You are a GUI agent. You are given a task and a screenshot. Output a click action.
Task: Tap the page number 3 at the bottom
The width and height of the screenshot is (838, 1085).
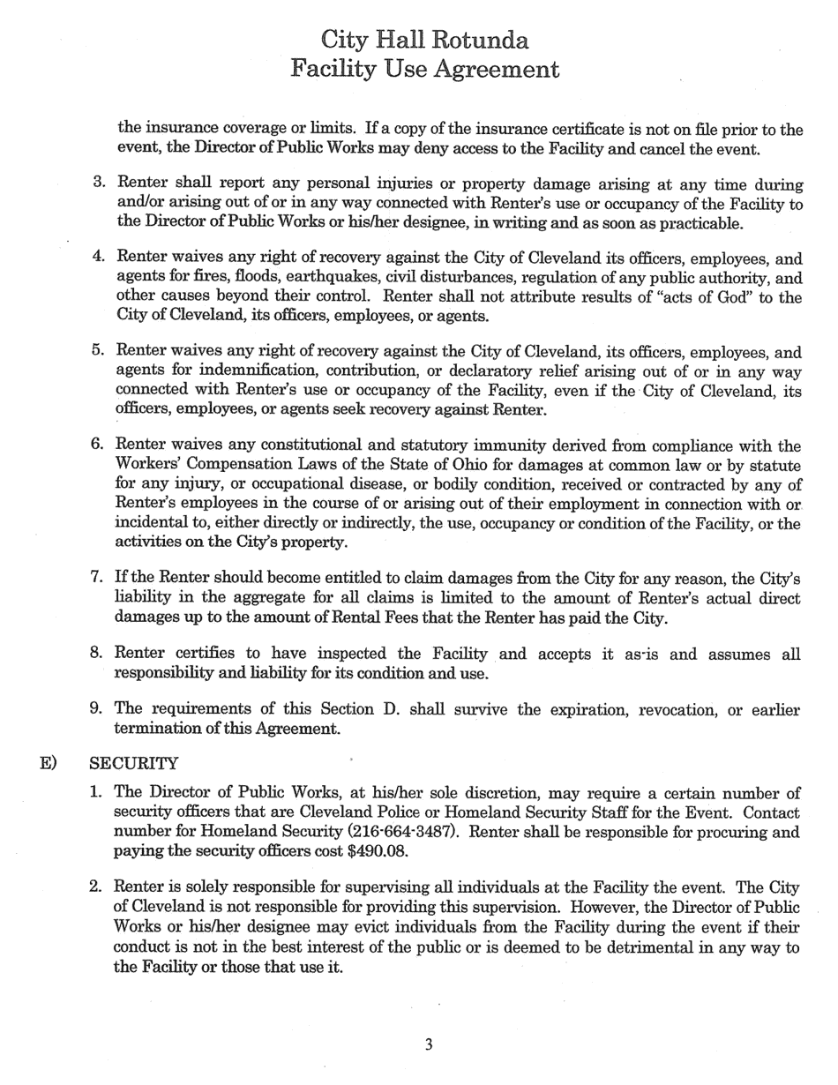[429, 1045]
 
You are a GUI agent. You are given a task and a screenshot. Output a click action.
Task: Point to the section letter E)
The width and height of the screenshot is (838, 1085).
[49, 763]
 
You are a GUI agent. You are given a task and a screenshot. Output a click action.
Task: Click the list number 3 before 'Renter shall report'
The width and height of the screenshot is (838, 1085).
[99, 184]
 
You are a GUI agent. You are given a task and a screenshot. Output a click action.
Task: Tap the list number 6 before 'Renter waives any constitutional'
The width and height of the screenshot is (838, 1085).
[97, 445]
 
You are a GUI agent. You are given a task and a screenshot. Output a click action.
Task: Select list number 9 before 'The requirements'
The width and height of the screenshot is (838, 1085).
[97, 709]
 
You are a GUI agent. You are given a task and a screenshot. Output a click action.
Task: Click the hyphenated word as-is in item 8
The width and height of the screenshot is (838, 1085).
[625, 654]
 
